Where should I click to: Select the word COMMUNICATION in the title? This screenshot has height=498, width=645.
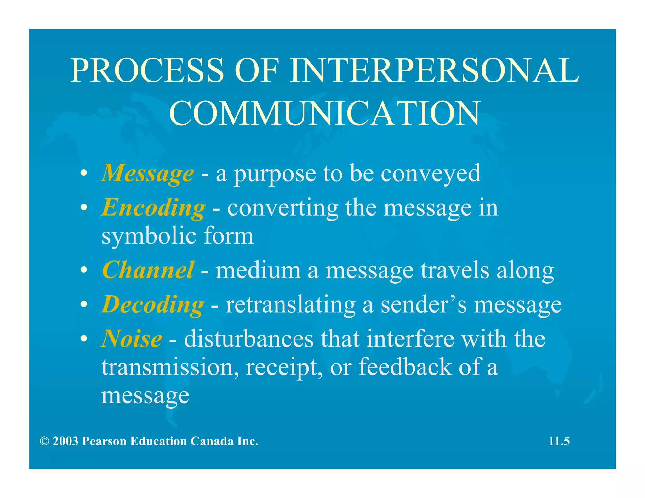pyautogui.click(x=324, y=113)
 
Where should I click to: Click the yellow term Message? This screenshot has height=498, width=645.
pyautogui.click(x=147, y=173)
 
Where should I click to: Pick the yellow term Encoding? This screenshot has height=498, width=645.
pyautogui.click(x=153, y=208)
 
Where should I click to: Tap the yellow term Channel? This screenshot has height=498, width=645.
pyautogui.click(x=148, y=270)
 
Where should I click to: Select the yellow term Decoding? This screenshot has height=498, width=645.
pyautogui.click(x=153, y=304)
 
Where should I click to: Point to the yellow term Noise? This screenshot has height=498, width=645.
pyautogui.click(x=132, y=339)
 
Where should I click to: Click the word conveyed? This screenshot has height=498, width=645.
pyautogui.click(x=431, y=173)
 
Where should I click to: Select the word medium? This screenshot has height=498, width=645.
pyautogui.click(x=258, y=270)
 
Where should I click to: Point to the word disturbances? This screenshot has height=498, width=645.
pyautogui.click(x=249, y=339)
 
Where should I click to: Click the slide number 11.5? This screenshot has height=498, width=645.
pyautogui.click(x=559, y=441)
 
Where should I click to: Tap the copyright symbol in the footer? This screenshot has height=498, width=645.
pyautogui.click(x=44, y=441)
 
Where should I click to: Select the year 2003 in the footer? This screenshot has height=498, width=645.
pyautogui.click(x=65, y=441)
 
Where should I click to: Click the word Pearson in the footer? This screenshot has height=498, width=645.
pyautogui.click(x=104, y=441)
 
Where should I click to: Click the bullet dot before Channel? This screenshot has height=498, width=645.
pyautogui.click(x=83, y=270)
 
